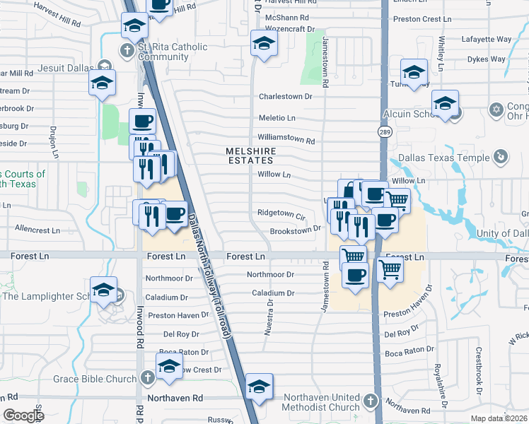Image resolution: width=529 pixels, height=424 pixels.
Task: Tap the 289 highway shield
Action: (x=383, y=131)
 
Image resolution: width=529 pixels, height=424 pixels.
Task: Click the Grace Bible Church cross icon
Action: (x=147, y=379)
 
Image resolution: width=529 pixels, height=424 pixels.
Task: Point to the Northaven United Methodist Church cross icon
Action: (x=369, y=402)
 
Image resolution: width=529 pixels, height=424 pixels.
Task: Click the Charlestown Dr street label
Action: (x=286, y=96)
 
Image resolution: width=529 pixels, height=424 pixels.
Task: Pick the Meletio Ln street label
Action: (x=277, y=118)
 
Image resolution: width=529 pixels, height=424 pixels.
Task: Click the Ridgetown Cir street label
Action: (x=281, y=213)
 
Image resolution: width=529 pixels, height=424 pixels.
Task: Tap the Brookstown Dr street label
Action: (x=296, y=230)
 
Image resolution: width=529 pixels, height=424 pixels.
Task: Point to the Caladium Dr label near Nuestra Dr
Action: (x=273, y=293)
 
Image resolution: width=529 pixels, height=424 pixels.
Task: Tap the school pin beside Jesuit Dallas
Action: (x=102, y=83)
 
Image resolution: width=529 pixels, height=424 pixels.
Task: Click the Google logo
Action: (x=23, y=416)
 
